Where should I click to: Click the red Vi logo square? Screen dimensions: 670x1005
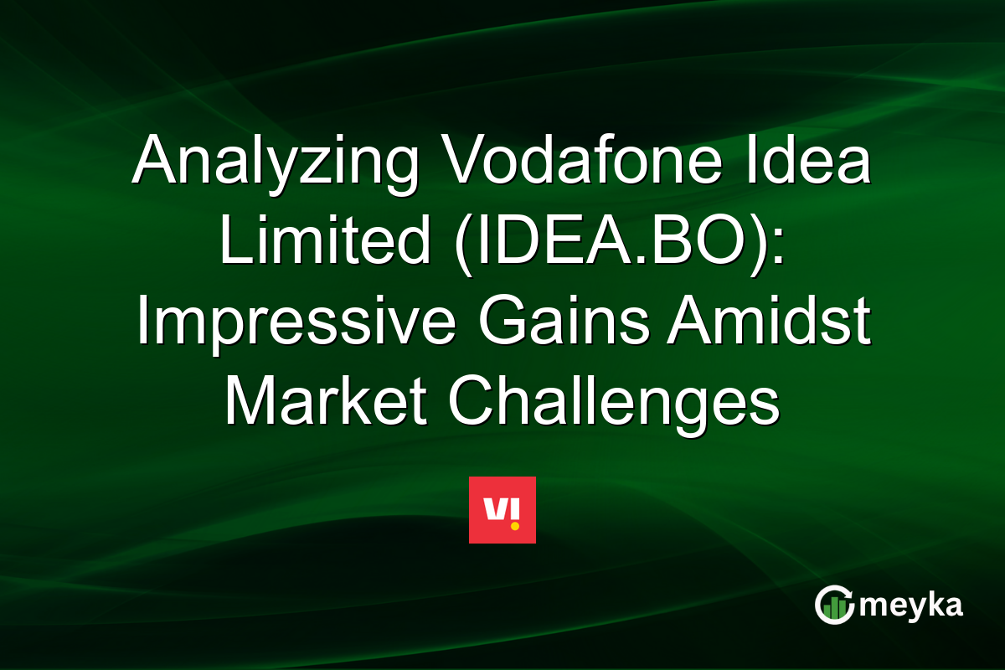[502, 510]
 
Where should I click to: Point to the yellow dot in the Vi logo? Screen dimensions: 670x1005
[515, 525]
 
